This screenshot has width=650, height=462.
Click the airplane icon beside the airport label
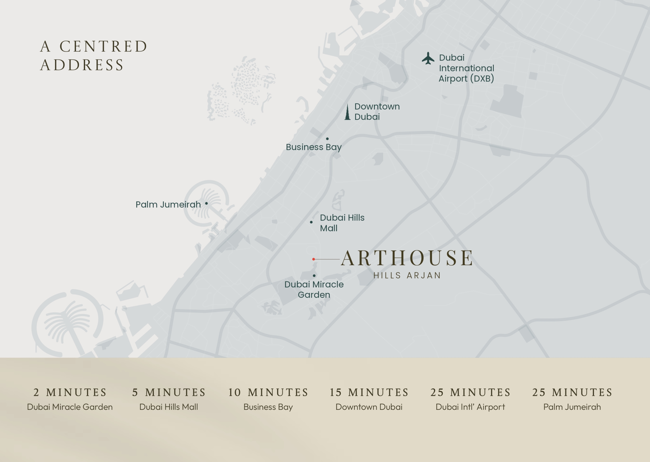(x=428, y=58)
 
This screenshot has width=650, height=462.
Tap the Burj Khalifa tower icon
(x=347, y=112)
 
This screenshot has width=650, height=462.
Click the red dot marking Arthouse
(x=313, y=259)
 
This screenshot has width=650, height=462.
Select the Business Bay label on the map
(x=313, y=147)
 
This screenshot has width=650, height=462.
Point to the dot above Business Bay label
(x=327, y=139)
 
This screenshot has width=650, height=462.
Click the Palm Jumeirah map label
(x=168, y=205)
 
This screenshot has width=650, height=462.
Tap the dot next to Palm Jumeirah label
(x=206, y=203)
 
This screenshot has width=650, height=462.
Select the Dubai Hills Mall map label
(x=342, y=223)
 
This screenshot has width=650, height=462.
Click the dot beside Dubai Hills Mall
(x=311, y=222)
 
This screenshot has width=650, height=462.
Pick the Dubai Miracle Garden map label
(x=314, y=289)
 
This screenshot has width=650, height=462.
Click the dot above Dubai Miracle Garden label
(x=314, y=276)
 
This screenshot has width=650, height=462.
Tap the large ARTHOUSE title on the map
(x=407, y=258)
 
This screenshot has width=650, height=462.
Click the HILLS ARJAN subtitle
(x=407, y=275)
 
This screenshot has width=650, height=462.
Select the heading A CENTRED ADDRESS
(x=93, y=56)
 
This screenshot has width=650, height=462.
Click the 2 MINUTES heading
(x=70, y=392)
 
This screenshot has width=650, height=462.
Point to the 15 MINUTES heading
(x=369, y=392)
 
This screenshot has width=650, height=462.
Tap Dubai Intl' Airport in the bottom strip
(x=470, y=407)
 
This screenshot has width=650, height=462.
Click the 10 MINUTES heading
(x=268, y=392)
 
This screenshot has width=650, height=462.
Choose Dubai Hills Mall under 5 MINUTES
(x=169, y=407)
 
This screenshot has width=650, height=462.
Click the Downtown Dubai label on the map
(x=377, y=112)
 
